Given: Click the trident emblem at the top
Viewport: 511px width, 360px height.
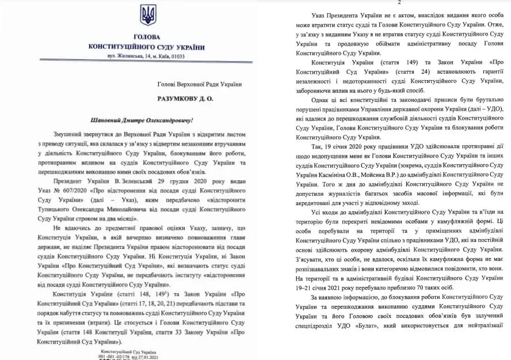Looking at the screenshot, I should (148, 15).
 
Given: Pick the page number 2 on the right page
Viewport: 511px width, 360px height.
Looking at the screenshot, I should (399, 3).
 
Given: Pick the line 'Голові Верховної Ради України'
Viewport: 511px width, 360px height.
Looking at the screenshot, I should (200, 84).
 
